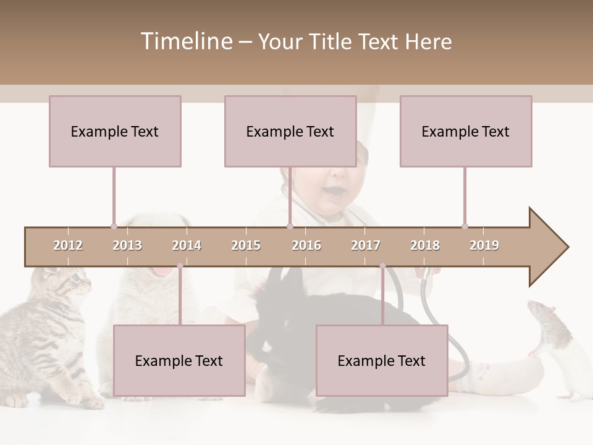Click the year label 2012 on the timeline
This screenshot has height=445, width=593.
(x=68, y=245)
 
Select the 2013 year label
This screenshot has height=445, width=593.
(x=127, y=245)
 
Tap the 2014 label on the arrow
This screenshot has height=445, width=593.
(x=187, y=245)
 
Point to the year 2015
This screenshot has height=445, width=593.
(x=246, y=245)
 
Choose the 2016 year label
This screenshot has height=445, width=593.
(x=306, y=245)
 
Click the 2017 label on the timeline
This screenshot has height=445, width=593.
(x=366, y=245)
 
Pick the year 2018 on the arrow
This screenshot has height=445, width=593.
(x=425, y=245)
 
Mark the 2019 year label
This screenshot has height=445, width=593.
(x=484, y=245)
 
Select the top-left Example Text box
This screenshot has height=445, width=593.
(x=115, y=131)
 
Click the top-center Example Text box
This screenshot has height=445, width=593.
(x=290, y=131)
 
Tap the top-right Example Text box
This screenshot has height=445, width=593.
(x=466, y=131)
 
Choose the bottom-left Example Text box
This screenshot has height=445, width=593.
(x=179, y=360)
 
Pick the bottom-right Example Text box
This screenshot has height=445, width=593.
(x=382, y=360)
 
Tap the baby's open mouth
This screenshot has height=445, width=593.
(x=333, y=191)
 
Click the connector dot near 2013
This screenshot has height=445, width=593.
(x=114, y=226)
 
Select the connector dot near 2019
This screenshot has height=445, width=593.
(x=465, y=226)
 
